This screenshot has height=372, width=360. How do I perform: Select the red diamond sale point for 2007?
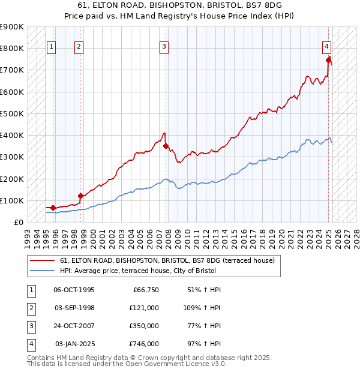click(x=166, y=146)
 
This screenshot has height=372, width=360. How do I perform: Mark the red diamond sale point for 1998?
click(x=80, y=196)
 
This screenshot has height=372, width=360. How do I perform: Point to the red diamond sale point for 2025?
click(x=329, y=59)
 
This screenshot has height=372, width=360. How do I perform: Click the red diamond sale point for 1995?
click(x=53, y=208)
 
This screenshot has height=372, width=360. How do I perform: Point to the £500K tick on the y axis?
click(x=12, y=113)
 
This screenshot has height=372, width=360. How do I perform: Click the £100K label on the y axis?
click(x=12, y=200)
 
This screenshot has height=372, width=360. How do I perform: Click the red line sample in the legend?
click(x=42, y=260)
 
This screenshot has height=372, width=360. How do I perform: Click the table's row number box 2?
click(x=30, y=308)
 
